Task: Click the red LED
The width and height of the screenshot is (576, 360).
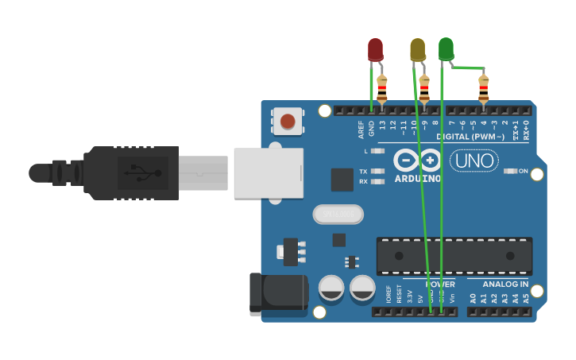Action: [x=375, y=49]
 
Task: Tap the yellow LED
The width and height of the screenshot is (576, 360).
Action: [x=417, y=49]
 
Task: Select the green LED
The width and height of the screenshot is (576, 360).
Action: [x=446, y=48]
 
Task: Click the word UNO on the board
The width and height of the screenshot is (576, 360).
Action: [x=474, y=161]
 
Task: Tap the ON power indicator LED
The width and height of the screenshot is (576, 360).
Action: [x=512, y=171]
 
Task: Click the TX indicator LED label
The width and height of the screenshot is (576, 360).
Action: [x=363, y=172]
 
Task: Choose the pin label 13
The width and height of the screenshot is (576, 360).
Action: [x=382, y=125]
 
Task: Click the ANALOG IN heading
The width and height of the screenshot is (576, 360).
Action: [x=506, y=284]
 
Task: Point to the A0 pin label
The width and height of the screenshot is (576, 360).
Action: [x=473, y=299]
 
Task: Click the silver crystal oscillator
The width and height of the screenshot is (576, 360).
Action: [x=338, y=214]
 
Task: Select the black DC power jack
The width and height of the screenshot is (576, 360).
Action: [x=278, y=292]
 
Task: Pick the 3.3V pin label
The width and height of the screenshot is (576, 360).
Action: [x=410, y=297]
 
